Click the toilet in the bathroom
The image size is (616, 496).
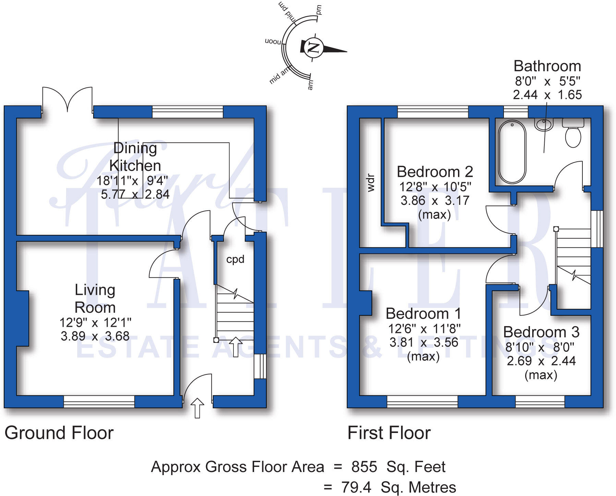[573, 134]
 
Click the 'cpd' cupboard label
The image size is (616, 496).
[235, 259]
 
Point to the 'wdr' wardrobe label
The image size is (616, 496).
[371, 183]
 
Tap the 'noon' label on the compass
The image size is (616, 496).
[273, 41]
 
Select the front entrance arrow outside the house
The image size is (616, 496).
[197, 408]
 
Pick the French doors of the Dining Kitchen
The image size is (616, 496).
[67, 99]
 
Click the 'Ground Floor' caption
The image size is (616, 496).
[59, 433]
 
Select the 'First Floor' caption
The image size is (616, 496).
[389, 433]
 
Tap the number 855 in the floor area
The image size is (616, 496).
[364, 467]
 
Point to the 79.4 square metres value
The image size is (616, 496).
[356, 487]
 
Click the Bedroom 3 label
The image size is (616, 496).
[541, 332]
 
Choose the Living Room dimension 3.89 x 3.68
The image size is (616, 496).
[95, 336]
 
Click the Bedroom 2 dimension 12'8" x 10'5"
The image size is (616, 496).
[435, 187]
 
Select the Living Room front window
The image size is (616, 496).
[99, 401]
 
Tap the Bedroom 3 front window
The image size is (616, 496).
[540, 401]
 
